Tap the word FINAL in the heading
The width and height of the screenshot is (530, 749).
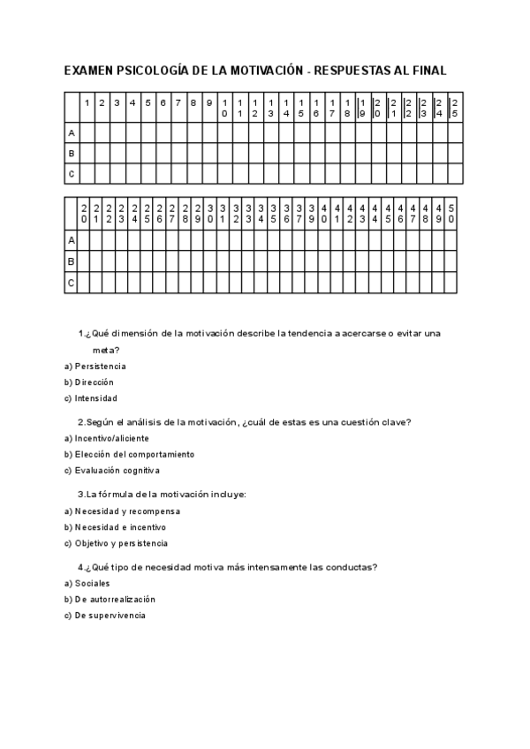(426, 70)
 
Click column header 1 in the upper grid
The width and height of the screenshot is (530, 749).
(87, 102)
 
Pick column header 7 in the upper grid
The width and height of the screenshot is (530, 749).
(178, 102)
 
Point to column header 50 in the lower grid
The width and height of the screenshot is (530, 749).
(450, 213)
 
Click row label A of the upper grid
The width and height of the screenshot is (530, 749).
(72, 132)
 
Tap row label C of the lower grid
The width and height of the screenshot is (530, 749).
(72, 284)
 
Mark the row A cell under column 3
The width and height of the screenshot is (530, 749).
(117, 132)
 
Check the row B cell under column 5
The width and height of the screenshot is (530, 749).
(148, 153)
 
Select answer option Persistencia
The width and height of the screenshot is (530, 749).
(100, 366)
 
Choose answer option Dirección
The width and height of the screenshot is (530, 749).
(94, 382)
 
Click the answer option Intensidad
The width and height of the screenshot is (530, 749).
(95, 398)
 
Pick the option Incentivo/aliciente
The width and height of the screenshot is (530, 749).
(111, 438)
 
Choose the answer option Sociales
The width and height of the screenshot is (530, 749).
(92, 583)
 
